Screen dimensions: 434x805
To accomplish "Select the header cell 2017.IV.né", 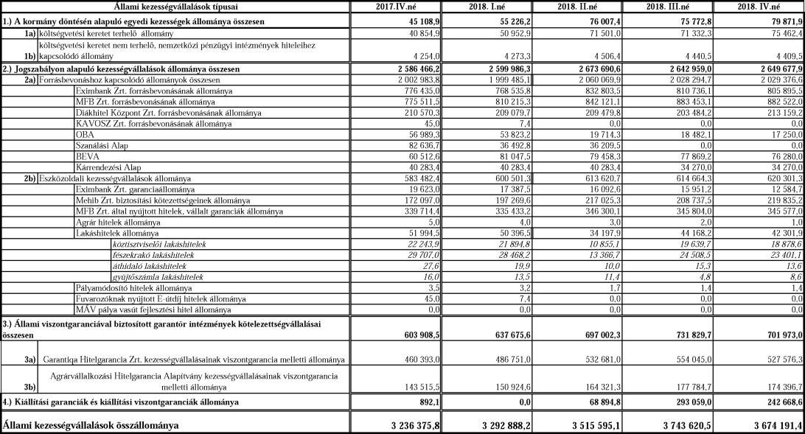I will pos(400,7).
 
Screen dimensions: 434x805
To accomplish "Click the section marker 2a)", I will pos(29,79).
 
